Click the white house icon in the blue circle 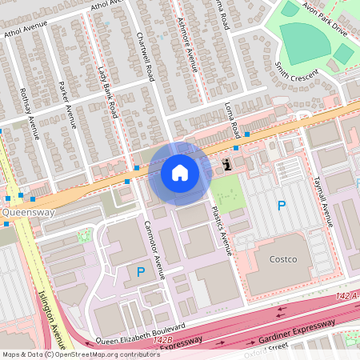pyautogui.click(x=179, y=173)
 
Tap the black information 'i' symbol pyautogui.click(x=227, y=165)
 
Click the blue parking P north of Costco pyautogui.click(x=281, y=206)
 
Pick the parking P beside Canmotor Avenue pyautogui.click(x=141, y=273)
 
